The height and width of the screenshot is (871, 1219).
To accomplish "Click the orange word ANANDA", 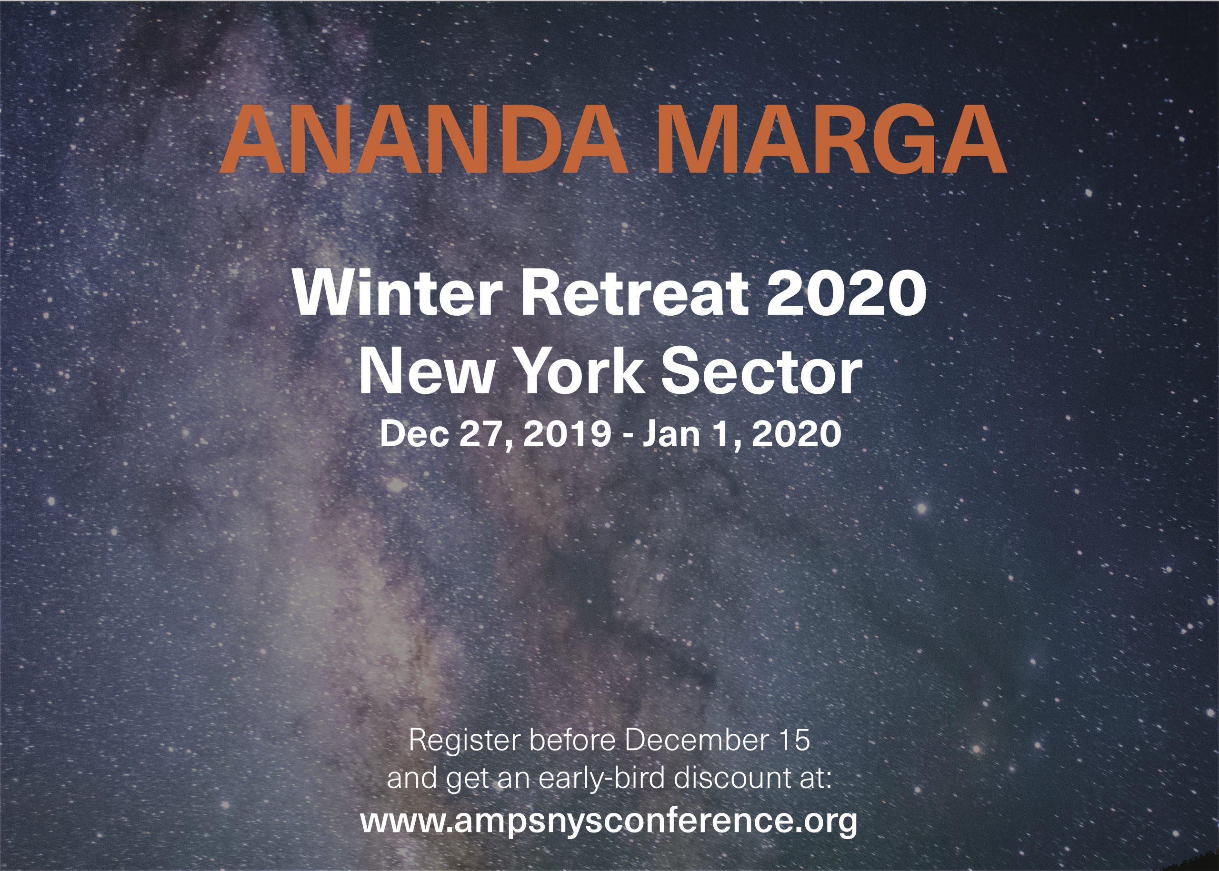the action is click(x=424, y=140).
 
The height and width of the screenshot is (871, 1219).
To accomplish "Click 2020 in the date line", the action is click(x=797, y=433).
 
